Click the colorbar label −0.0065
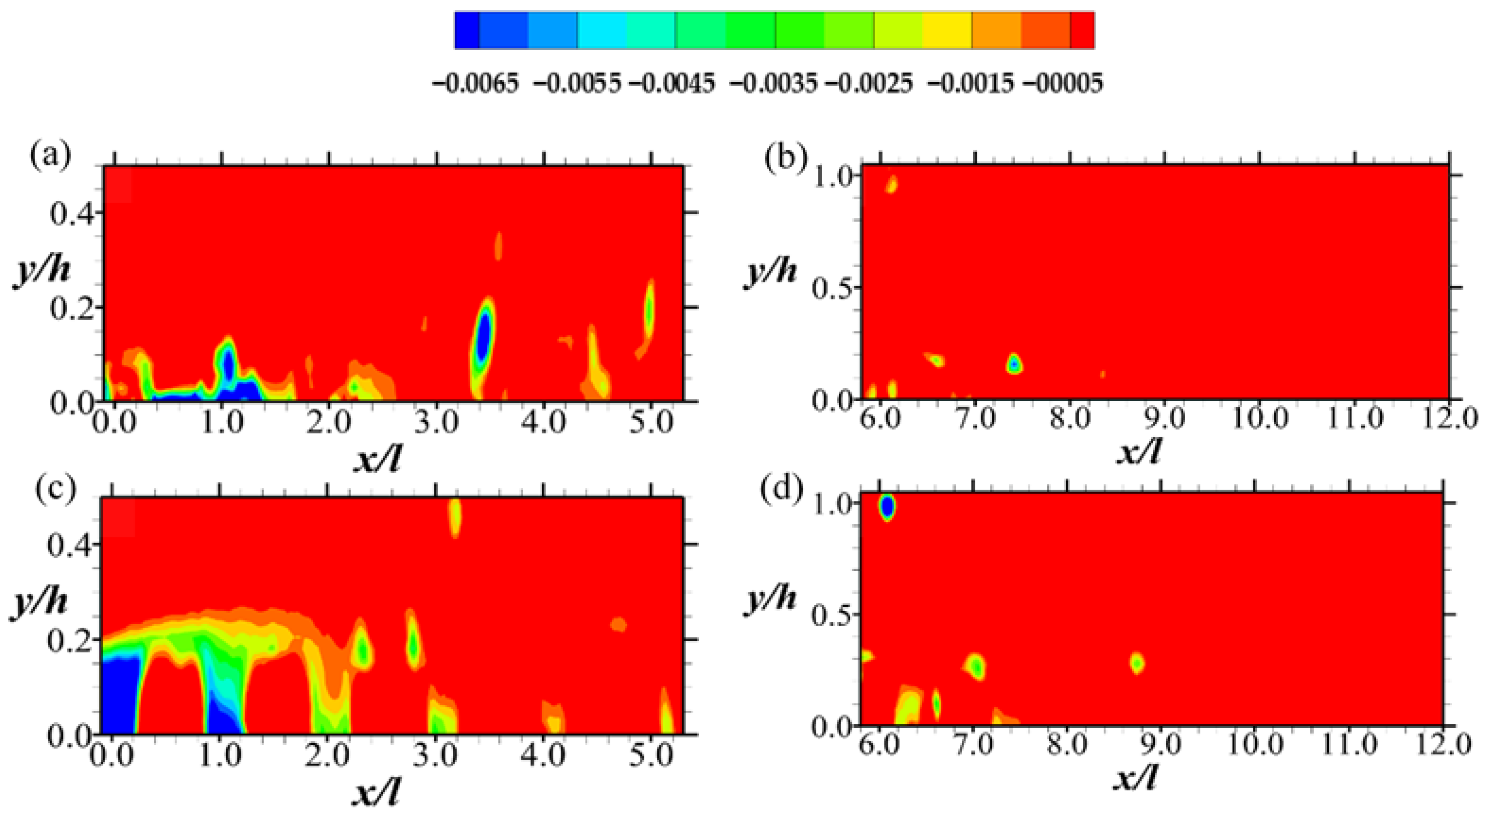tap(476, 84)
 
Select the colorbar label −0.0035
tap(772, 84)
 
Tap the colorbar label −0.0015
tap(970, 84)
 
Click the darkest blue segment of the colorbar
tap(467, 30)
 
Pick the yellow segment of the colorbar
tap(947, 30)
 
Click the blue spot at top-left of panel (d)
tap(887, 507)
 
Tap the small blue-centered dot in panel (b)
tap(1015, 364)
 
